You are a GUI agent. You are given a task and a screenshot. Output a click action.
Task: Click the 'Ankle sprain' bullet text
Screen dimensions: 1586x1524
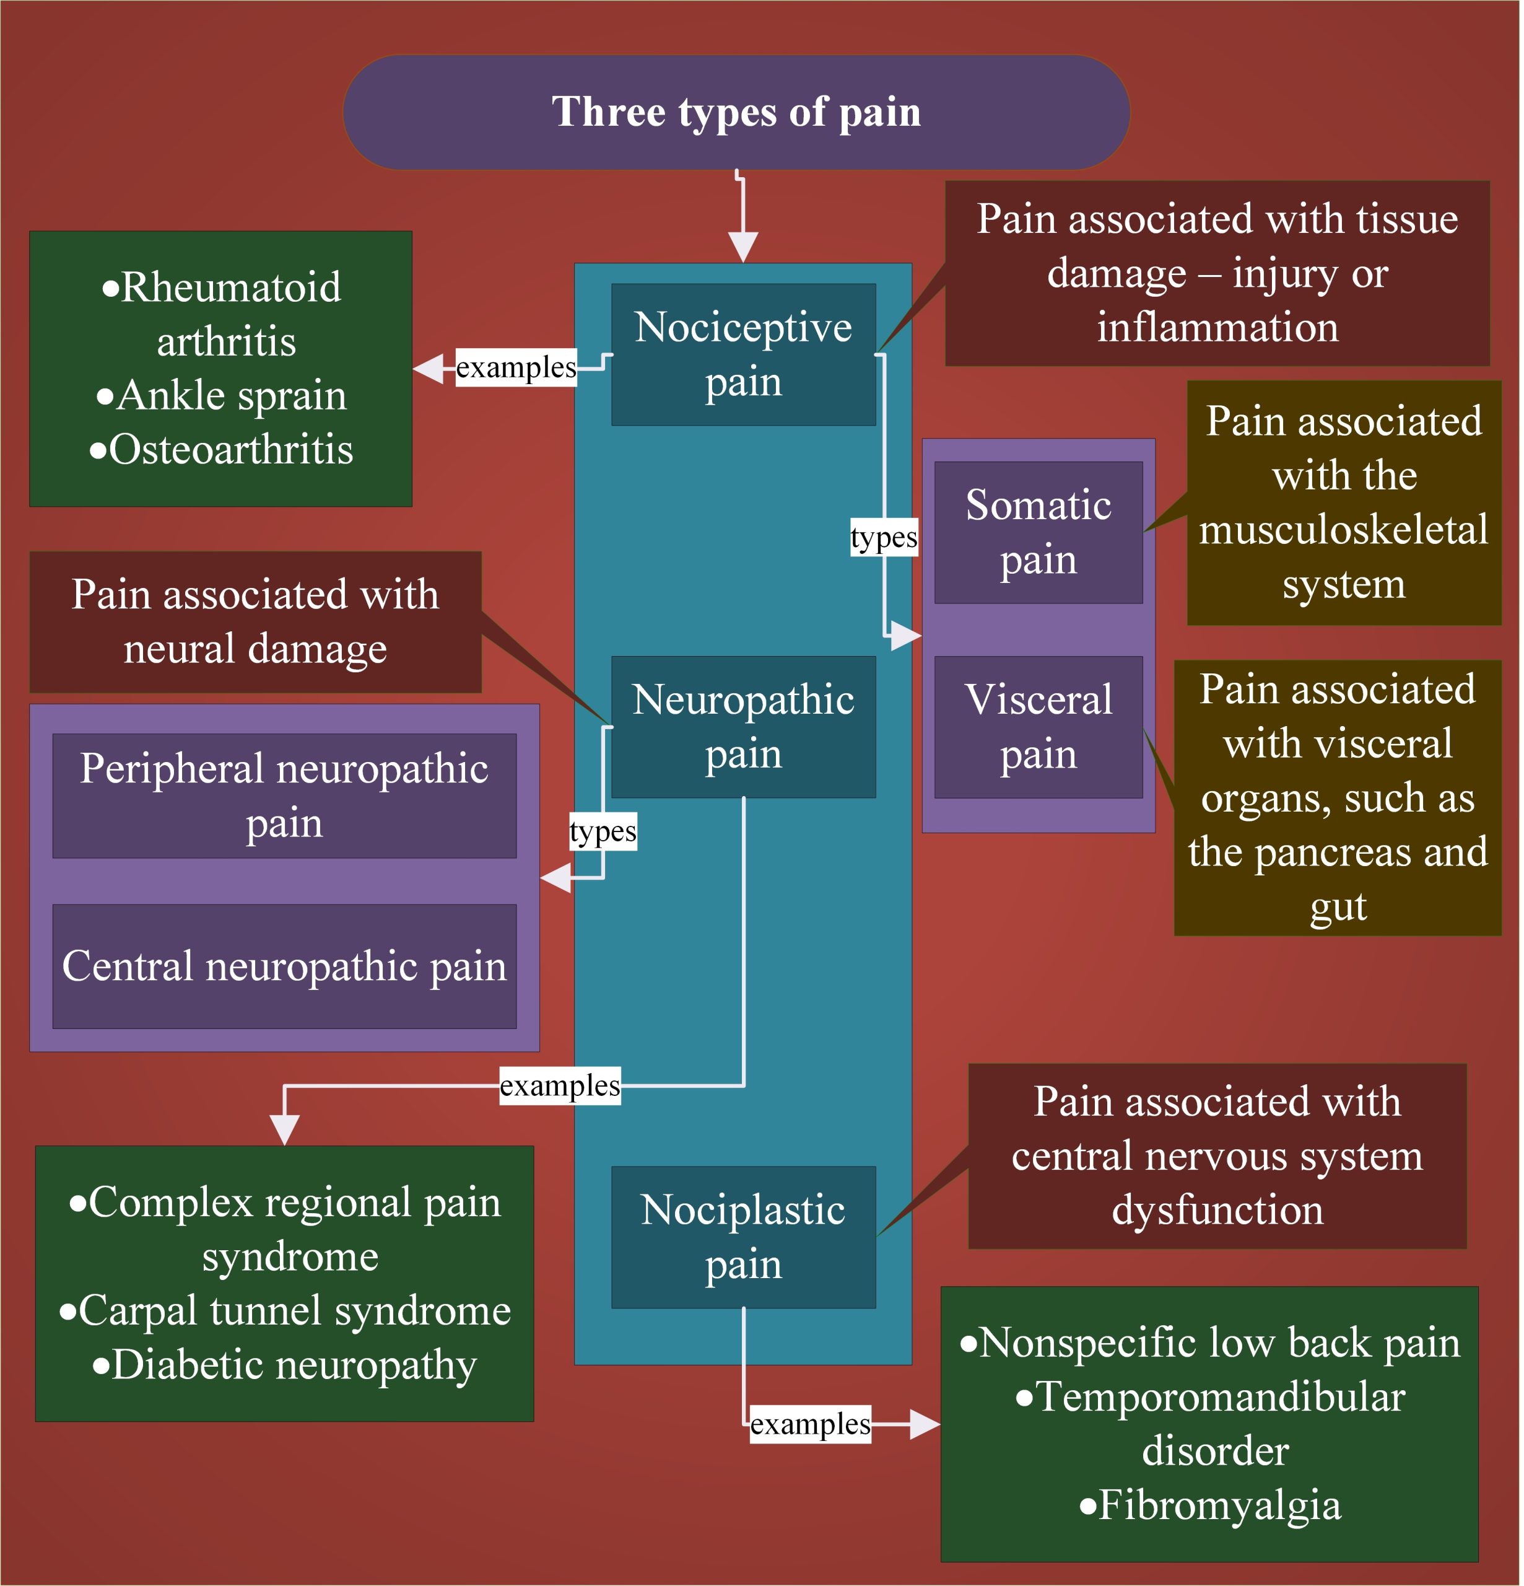click(x=230, y=396)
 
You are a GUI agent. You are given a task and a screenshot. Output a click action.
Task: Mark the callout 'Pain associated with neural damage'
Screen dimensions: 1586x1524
click(x=256, y=622)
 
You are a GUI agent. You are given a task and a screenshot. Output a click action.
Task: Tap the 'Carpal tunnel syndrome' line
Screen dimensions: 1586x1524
click(x=294, y=1312)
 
